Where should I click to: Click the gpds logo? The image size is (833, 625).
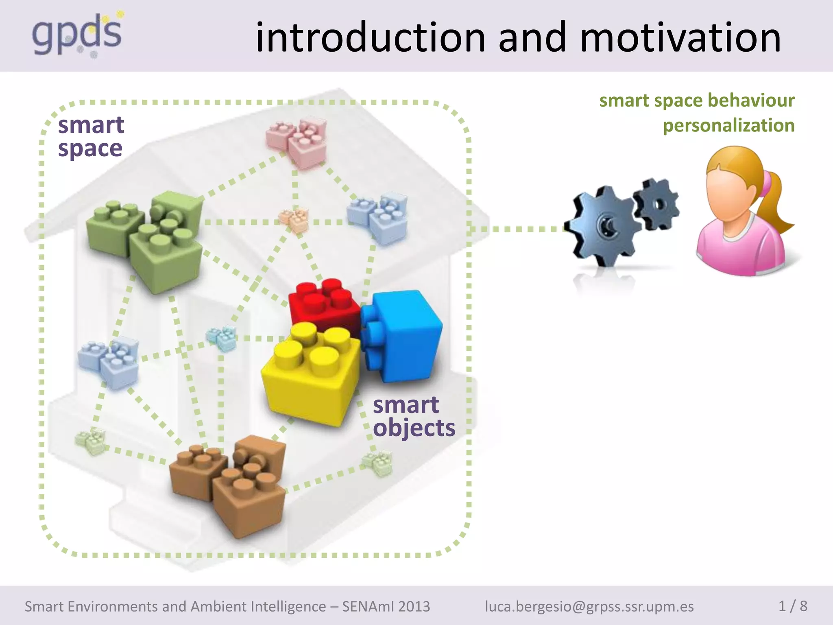point(76,36)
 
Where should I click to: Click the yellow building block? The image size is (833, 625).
point(310,374)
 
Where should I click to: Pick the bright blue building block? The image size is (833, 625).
point(403,336)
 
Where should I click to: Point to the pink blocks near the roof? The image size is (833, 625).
point(297,142)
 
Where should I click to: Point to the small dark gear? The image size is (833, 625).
point(656,203)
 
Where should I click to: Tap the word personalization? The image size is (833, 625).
point(728,125)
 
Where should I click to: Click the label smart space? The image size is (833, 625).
point(91,136)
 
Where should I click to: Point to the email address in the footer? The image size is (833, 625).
point(589,606)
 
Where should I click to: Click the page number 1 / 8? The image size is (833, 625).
point(792,606)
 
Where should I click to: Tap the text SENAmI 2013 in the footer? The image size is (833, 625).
point(386,606)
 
